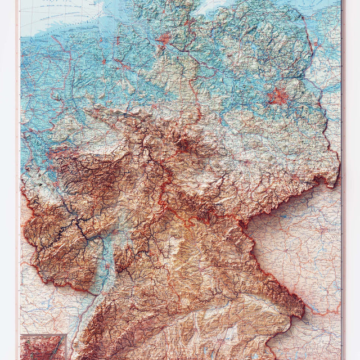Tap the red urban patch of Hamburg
click(164, 39)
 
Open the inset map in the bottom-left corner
click(43, 346)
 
